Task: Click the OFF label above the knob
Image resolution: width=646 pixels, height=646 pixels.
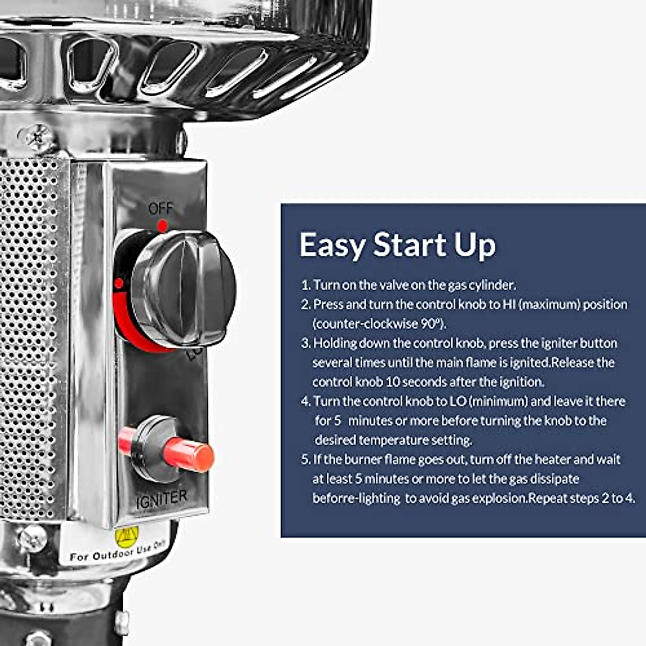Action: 161,208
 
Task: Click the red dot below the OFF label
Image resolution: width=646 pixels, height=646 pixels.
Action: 162,225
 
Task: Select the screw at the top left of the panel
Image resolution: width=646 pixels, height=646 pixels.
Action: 38,137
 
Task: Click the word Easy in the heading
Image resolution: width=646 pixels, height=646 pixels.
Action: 332,245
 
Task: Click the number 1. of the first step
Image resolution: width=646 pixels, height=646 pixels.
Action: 306,285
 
